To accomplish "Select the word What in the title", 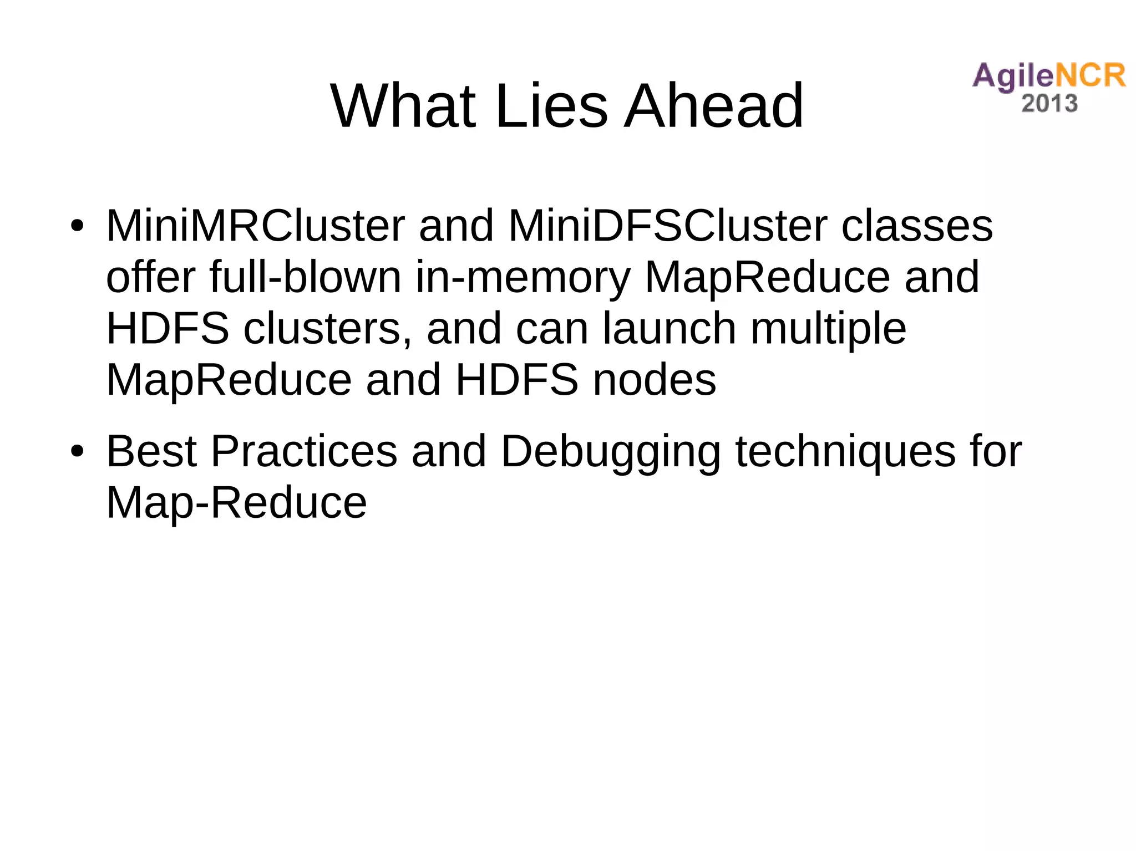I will (403, 105).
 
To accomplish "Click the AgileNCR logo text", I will (1048, 76).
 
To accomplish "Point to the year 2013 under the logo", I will (1049, 104).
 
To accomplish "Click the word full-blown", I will (305, 277).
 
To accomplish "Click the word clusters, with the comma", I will (327, 328).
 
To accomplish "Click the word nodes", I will (654, 380).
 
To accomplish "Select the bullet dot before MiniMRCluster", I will (77, 226).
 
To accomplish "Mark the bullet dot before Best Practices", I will (77, 451).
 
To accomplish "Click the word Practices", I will (304, 451).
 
